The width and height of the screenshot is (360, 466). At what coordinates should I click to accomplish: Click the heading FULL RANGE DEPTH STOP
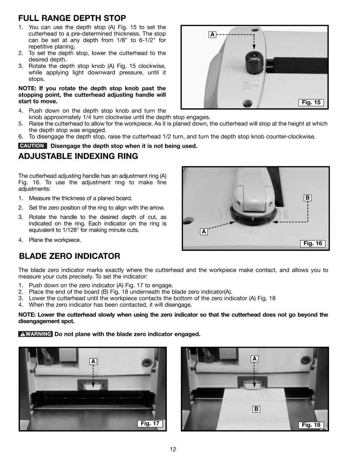[72, 18]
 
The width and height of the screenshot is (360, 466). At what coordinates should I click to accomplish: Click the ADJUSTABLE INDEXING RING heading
[78, 156]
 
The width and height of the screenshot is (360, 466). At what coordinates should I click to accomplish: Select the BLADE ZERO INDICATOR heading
[70, 256]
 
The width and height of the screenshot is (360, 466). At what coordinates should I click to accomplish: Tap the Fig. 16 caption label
[313, 243]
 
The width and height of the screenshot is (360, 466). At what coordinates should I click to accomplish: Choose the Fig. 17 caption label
[150, 423]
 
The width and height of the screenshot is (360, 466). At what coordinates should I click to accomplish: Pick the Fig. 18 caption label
[311, 424]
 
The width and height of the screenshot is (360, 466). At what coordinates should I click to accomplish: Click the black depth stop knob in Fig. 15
[254, 62]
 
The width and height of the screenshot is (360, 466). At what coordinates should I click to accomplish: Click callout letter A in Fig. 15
[212, 35]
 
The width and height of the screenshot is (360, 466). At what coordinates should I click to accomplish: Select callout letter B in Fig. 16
[308, 198]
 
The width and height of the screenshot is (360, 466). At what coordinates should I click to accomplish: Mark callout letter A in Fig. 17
[93, 362]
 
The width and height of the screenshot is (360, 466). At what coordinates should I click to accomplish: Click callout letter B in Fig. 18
[256, 409]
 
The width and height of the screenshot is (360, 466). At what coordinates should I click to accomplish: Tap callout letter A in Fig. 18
[254, 359]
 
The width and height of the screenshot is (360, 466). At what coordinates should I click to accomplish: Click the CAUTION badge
[33, 146]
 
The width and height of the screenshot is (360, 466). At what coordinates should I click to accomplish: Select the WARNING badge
[35, 334]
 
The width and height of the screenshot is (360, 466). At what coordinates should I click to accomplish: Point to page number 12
[173, 449]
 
